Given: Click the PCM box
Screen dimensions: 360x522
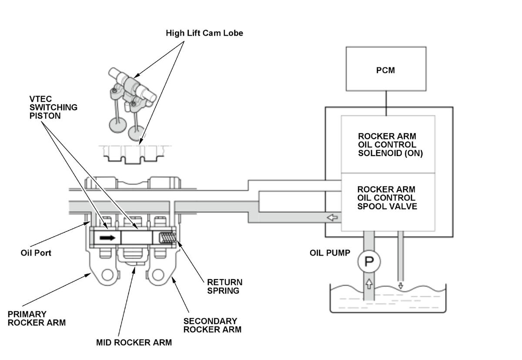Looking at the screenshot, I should pyautogui.click(x=385, y=69).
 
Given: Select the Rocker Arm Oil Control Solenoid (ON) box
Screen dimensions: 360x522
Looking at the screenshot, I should pyautogui.click(x=388, y=144).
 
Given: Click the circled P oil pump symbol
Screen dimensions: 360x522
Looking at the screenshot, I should pyautogui.click(x=369, y=262).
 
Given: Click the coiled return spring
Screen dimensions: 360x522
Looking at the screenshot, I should pyautogui.click(x=168, y=238).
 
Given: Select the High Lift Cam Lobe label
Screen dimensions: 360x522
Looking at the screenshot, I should pyautogui.click(x=204, y=33).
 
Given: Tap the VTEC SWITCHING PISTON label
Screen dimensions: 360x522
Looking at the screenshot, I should pyautogui.click(x=54, y=107).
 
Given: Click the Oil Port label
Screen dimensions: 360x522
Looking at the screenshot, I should pyautogui.click(x=36, y=253).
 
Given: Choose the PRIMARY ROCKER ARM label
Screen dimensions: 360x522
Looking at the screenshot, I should pyautogui.click(x=37, y=318).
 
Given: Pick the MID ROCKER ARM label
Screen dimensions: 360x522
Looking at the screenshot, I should pyautogui.click(x=134, y=343).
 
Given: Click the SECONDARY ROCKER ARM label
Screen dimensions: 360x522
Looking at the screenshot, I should pyautogui.click(x=212, y=325).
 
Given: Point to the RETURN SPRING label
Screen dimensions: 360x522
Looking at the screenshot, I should pyautogui.click(x=224, y=287).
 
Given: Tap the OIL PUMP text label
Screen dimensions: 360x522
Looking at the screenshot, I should pyautogui.click(x=330, y=253).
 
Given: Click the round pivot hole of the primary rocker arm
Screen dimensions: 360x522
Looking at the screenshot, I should pyautogui.click(x=107, y=275).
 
